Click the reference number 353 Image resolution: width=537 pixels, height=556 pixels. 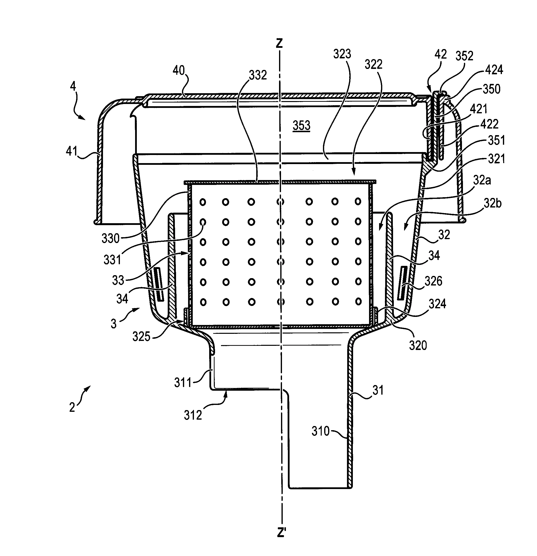(x=302, y=125)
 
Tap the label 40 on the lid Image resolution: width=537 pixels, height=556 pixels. (x=179, y=70)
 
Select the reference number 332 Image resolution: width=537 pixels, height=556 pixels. (x=258, y=75)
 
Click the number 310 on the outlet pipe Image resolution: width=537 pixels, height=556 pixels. (x=320, y=431)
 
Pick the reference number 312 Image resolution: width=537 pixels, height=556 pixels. (x=193, y=415)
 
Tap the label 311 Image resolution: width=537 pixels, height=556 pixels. (x=183, y=383)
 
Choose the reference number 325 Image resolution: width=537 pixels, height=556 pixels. (x=141, y=337)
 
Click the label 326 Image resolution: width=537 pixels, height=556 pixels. (x=434, y=281)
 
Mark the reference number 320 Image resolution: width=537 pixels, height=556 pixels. (x=418, y=346)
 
